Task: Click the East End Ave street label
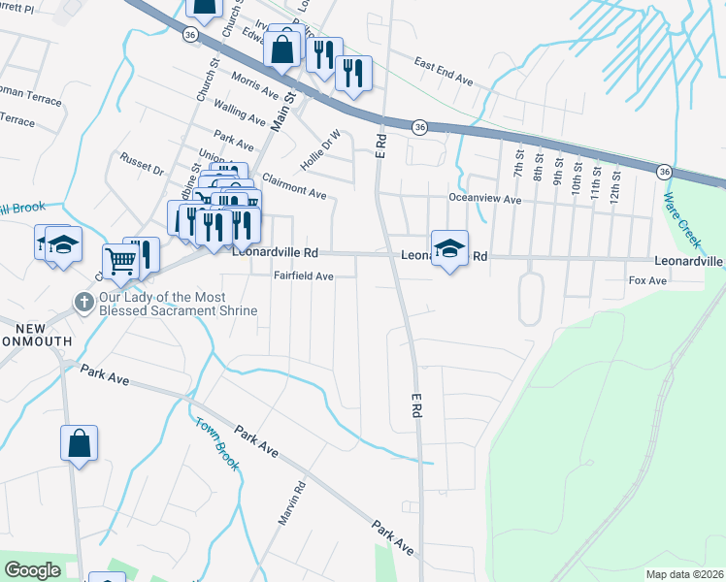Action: tap(444, 74)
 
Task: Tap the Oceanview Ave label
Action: tap(484, 199)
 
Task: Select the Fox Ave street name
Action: tap(647, 280)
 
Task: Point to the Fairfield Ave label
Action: tap(304, 276)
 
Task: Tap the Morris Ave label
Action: tap(254, 83)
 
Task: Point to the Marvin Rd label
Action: tap(292, 503)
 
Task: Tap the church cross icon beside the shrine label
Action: tap(84, 304)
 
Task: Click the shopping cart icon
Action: tap(119, 260)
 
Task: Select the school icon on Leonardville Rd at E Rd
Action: tap(449, 248)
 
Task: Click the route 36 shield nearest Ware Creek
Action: tap(663, 171)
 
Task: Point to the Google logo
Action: tap(32, 570)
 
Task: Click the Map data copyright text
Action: tap(684, 574)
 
